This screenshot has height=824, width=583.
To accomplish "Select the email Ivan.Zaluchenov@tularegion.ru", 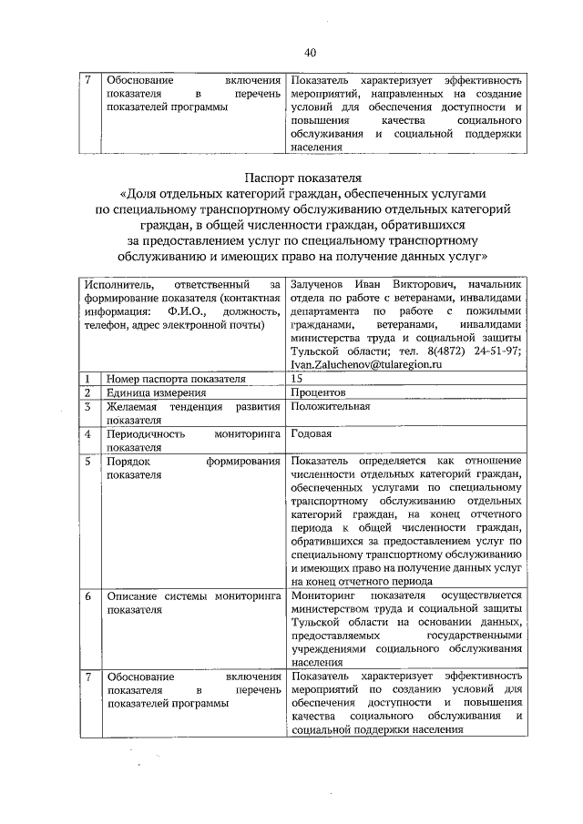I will [366, 364].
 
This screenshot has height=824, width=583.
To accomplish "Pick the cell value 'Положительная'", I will [331, 406].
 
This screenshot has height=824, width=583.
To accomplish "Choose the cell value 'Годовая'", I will [311, 434].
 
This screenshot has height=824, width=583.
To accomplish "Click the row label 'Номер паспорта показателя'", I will [175, 378].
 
